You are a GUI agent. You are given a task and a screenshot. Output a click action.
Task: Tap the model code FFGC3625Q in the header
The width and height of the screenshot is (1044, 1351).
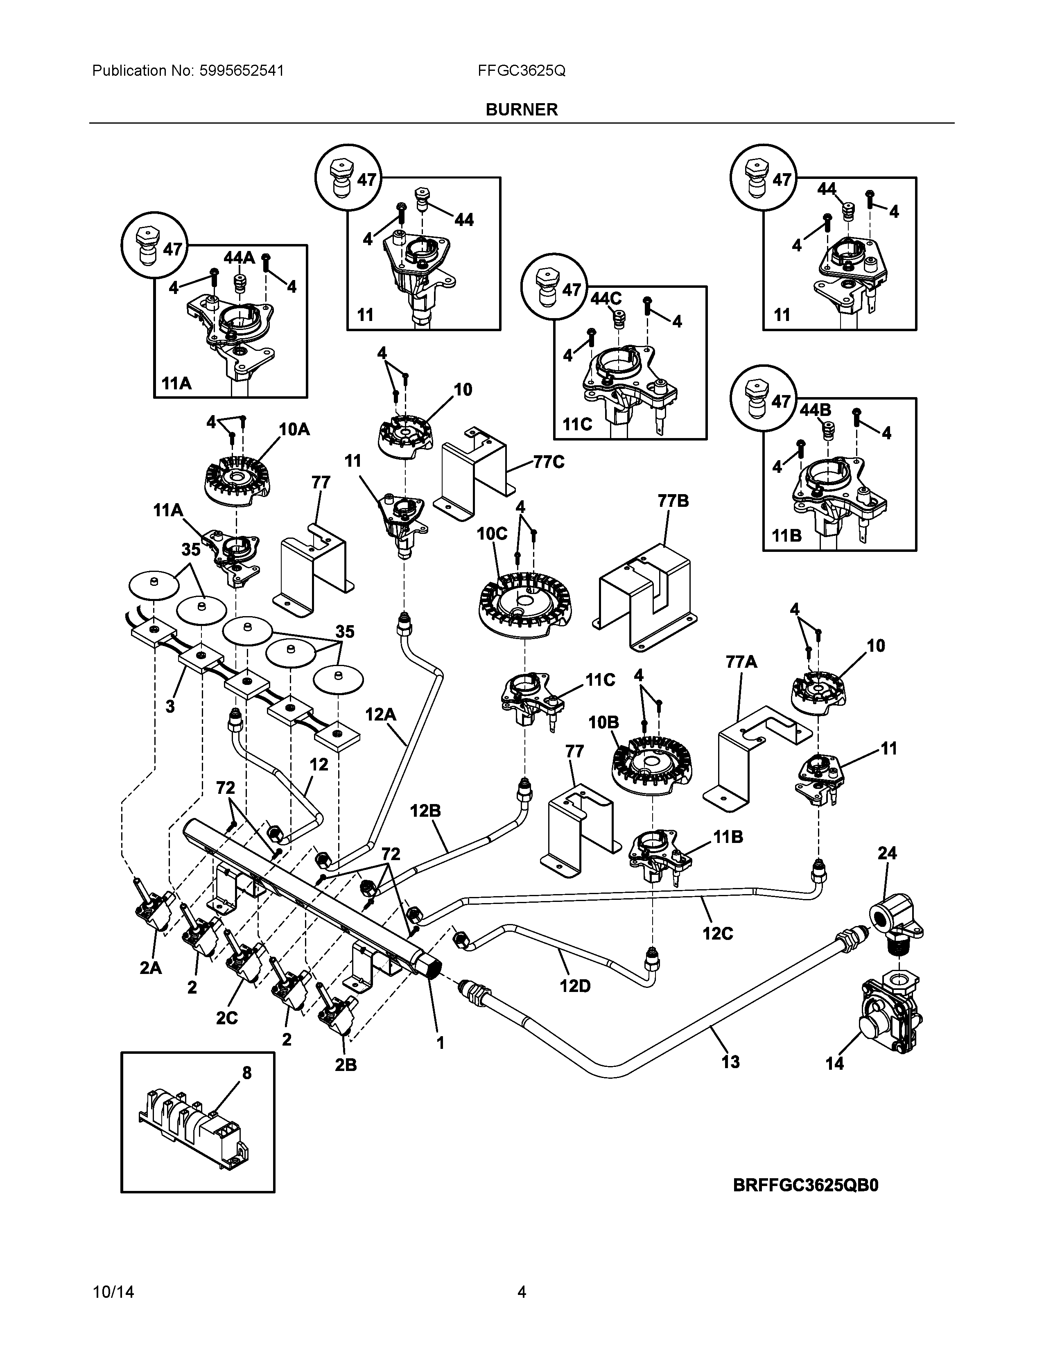521,70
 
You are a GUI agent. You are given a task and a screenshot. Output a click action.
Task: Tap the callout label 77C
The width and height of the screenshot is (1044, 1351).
549,462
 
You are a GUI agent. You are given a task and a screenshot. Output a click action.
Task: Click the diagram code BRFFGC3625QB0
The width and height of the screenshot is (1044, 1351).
805,1185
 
